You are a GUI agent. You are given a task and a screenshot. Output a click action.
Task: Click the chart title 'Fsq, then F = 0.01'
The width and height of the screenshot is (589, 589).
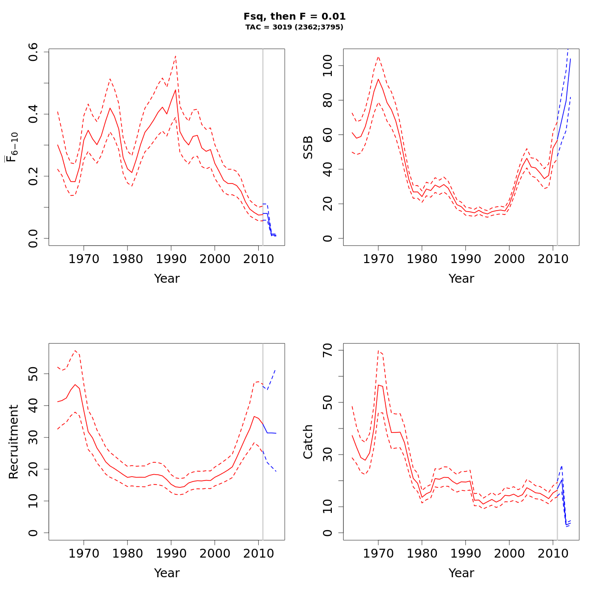[294, 16]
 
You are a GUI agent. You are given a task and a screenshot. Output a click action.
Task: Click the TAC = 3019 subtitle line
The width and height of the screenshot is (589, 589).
[294, 27]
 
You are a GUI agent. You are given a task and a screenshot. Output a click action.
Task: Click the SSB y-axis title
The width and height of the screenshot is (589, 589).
[308, 147]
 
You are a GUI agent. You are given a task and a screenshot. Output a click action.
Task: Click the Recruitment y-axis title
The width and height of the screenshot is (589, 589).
[14, 442]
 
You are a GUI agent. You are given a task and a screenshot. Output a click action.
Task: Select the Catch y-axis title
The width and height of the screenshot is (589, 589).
[308, 442]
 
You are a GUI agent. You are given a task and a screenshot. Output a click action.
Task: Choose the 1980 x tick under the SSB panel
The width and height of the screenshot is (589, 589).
[422, 259]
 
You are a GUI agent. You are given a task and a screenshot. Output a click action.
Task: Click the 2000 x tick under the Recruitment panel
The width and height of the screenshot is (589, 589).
[214, 554]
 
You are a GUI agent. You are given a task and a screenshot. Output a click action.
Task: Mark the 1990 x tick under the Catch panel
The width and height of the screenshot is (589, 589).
[465, 554]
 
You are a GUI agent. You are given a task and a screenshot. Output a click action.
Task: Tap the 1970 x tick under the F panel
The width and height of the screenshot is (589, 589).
[83, 259]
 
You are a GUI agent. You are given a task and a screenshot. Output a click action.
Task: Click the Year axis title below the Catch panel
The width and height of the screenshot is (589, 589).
[461, 573]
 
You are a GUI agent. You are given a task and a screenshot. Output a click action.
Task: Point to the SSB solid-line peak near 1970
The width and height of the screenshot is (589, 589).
[378, 79]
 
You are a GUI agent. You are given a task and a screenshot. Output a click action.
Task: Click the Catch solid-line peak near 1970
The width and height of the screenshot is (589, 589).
[378, 385]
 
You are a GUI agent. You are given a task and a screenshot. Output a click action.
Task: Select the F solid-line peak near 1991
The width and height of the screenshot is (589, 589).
[175, 90]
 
